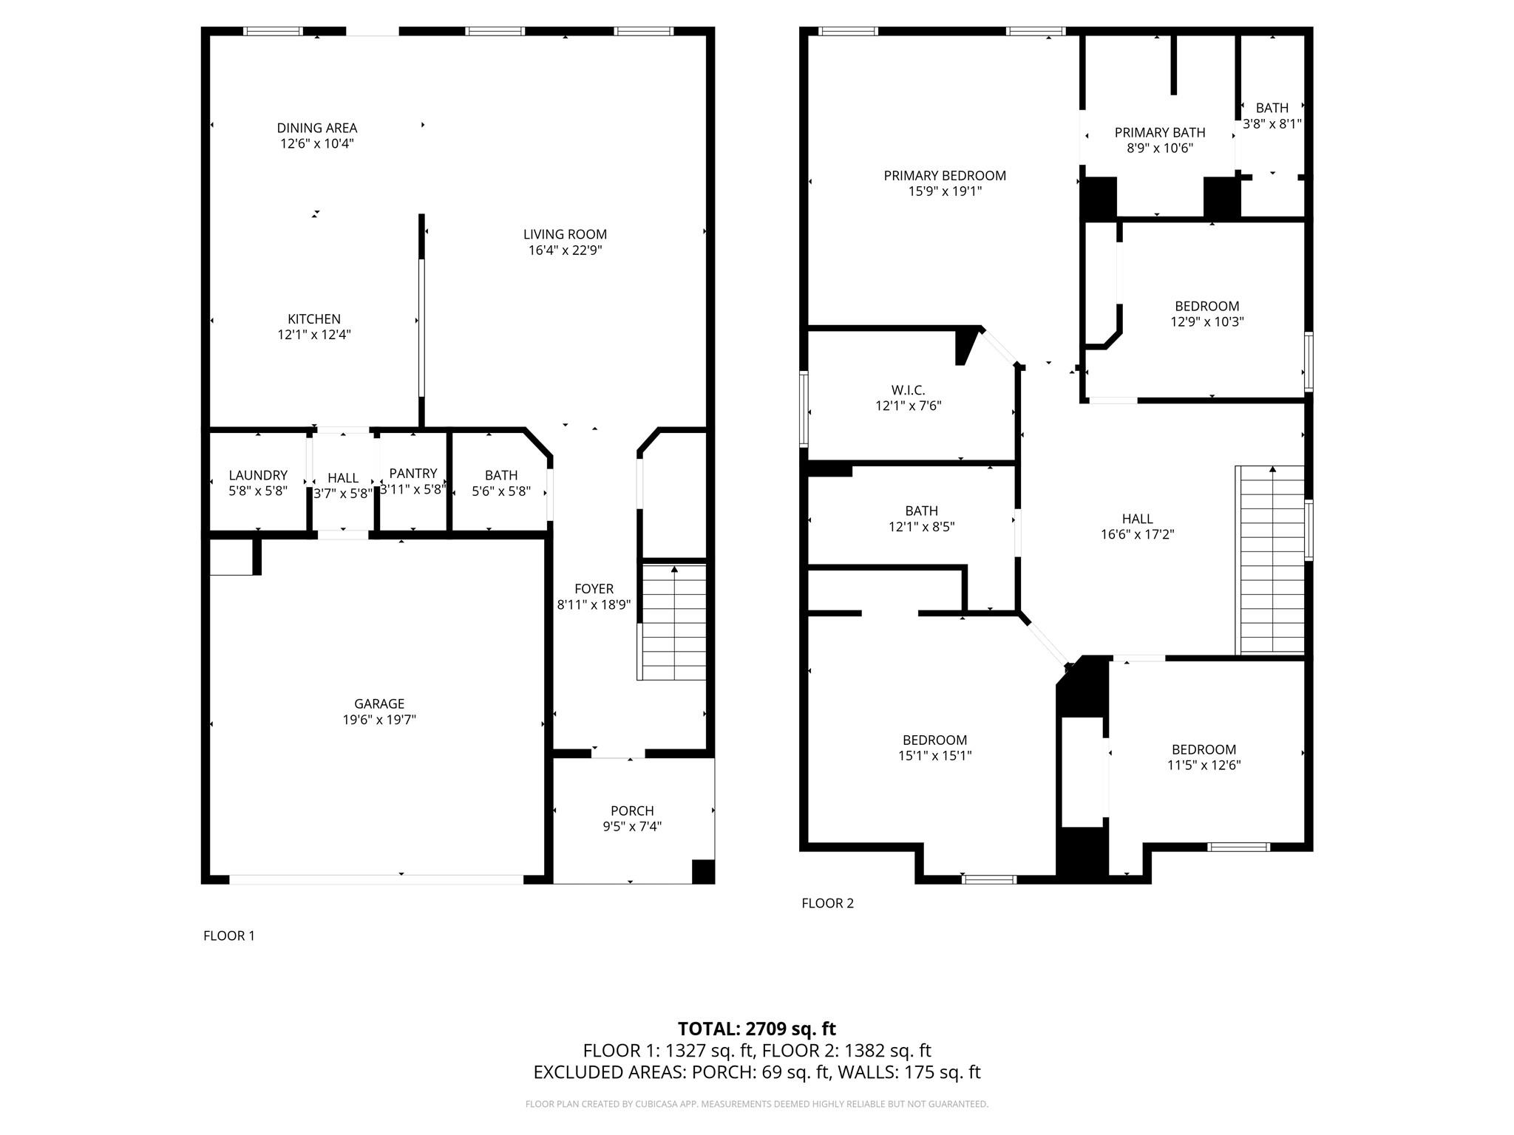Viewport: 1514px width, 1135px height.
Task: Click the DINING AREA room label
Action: pos(316,128)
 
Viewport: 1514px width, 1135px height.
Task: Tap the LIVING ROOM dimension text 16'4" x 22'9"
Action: pos(565,250)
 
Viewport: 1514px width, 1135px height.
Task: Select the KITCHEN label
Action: pos(314,319)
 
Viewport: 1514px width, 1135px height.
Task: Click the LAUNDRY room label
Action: pos(258,475)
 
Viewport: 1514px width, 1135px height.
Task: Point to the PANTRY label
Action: pos(413,474)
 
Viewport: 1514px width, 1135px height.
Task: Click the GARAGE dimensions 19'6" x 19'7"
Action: pos(379,720)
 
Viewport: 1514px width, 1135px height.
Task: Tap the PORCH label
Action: pos(632,811)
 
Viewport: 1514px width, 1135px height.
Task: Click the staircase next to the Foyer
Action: pos(673,622)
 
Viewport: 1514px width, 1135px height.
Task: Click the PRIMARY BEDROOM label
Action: pos(945,176)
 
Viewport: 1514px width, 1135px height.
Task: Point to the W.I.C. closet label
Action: pos(908,390)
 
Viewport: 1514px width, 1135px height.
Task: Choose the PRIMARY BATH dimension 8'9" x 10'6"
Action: pos(1159,149)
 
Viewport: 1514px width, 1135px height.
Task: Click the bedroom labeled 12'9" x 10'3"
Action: pos(1206,314)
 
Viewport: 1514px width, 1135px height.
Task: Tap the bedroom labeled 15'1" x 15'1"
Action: pos(934,748)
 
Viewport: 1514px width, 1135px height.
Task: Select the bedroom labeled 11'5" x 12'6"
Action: pos(1204,757)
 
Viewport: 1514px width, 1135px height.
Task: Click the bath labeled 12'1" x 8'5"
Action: pos(921,519)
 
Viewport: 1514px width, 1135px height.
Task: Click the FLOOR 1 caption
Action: pos(229,935)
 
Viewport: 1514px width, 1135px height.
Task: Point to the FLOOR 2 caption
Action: pos(827,903)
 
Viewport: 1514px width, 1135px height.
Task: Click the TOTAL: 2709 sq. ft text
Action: pos(756,1029)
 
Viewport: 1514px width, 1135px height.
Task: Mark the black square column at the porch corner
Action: pos(702,871)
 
